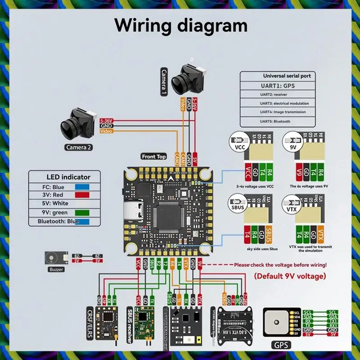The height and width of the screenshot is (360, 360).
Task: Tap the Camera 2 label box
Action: tap(79, 147)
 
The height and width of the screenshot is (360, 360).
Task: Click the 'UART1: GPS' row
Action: tap(279, 85)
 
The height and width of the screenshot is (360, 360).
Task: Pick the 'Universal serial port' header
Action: tap(287, 76)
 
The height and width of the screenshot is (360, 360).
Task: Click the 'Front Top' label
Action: tap(154, 157)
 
